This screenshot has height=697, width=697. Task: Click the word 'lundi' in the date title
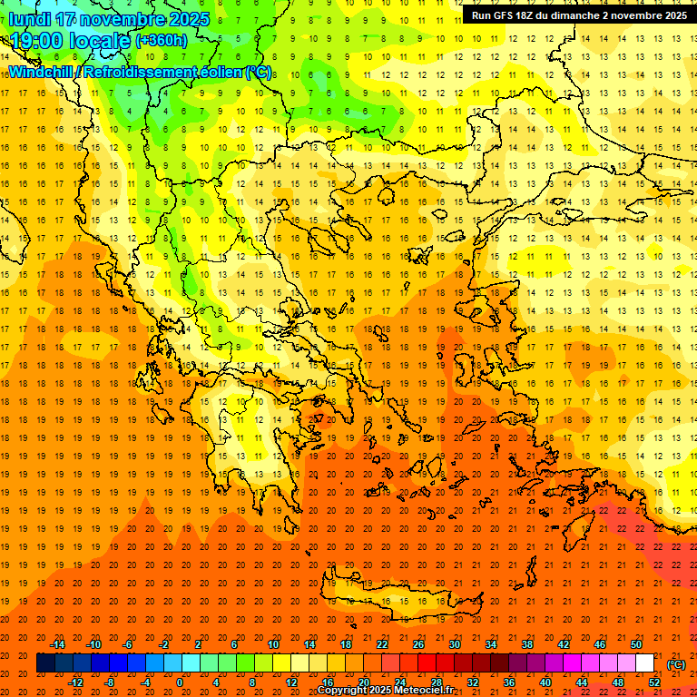[x=31, y=19]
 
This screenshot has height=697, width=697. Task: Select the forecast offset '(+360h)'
[x=162, y=41]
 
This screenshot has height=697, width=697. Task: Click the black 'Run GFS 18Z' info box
[x=578, y=15]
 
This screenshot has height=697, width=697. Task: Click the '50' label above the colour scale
[x=636, y=644]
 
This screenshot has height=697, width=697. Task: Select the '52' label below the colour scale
[x=653, y=682]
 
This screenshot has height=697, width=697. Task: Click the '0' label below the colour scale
[x=180, y=682]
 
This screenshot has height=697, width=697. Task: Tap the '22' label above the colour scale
[x=382, y=644]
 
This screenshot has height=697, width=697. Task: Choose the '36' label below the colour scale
[x=509, y=682]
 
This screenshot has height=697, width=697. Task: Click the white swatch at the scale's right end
[x=645, y=663]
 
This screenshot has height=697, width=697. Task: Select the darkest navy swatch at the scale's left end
[x=46, y=663]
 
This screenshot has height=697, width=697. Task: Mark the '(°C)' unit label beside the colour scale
[x=675, y=664]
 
